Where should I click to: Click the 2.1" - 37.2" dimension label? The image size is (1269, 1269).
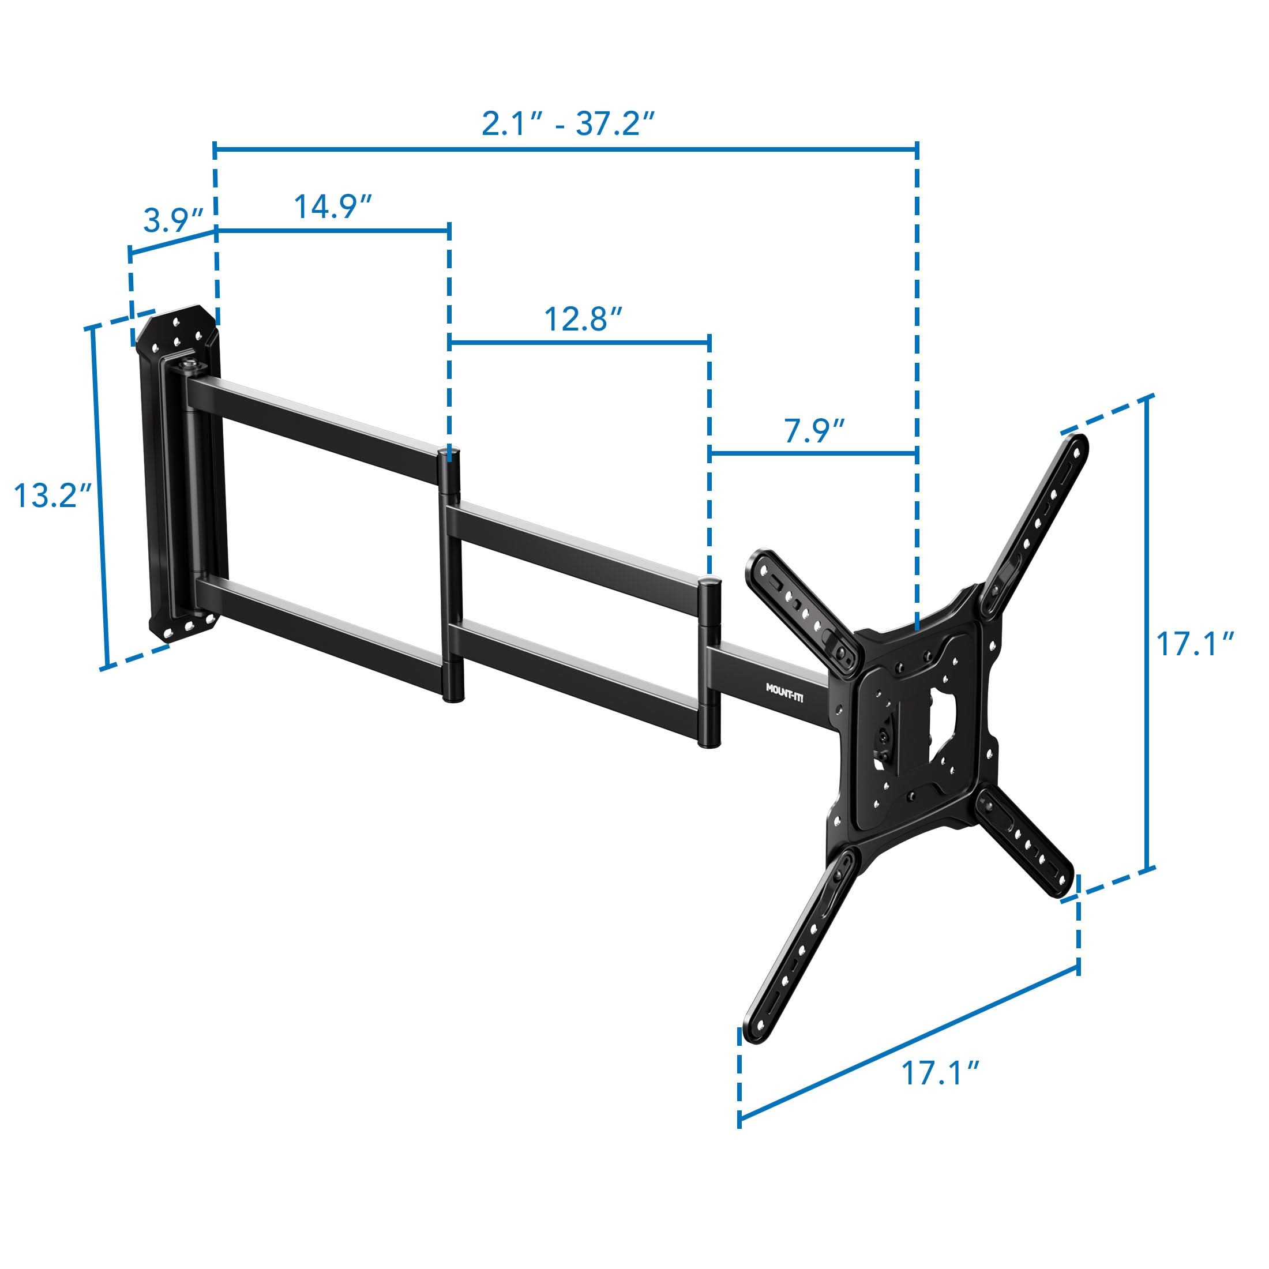[x=569, y=123]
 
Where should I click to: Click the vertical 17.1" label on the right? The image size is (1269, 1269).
[x=1195, y=644]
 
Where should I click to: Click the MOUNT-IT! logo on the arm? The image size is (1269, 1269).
[x=784, y=692]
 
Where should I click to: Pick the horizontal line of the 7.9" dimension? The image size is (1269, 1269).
[x=813, y=453]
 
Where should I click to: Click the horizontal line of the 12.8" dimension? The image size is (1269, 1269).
[x=579, y=342]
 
